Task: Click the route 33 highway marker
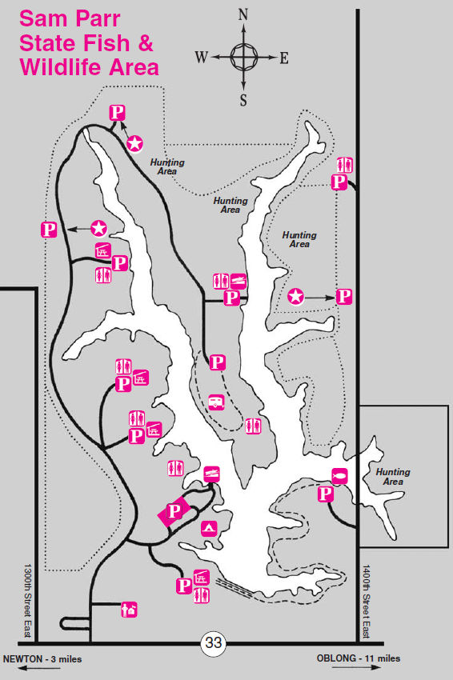(x=214, y=642)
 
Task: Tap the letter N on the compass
(x=243, y=15)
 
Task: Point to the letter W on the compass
(x=202, y=57)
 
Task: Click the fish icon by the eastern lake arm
(x=339, y=476)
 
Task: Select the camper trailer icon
(x=216, y=403)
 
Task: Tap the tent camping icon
(x=209, y=529)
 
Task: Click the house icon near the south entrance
(x=130, y=610)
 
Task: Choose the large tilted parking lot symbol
(x=174, y=512)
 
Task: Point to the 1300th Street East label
(x=28, y=600)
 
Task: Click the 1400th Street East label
(x=367, y=601)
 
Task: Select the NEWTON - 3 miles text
(x=42, y=659)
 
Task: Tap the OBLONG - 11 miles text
(x=359, y=658)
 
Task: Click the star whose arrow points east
(x=296, y=297)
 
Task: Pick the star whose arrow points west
(x=99, y=228)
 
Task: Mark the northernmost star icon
(x=135, y=143)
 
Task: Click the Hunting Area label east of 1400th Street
(x=393, y=477)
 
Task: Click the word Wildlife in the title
(x=61, y=68)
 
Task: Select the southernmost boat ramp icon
(x=212, y=474)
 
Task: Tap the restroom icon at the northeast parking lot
(x=345, y=166)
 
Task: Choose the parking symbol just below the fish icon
(x=326, y=494)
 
